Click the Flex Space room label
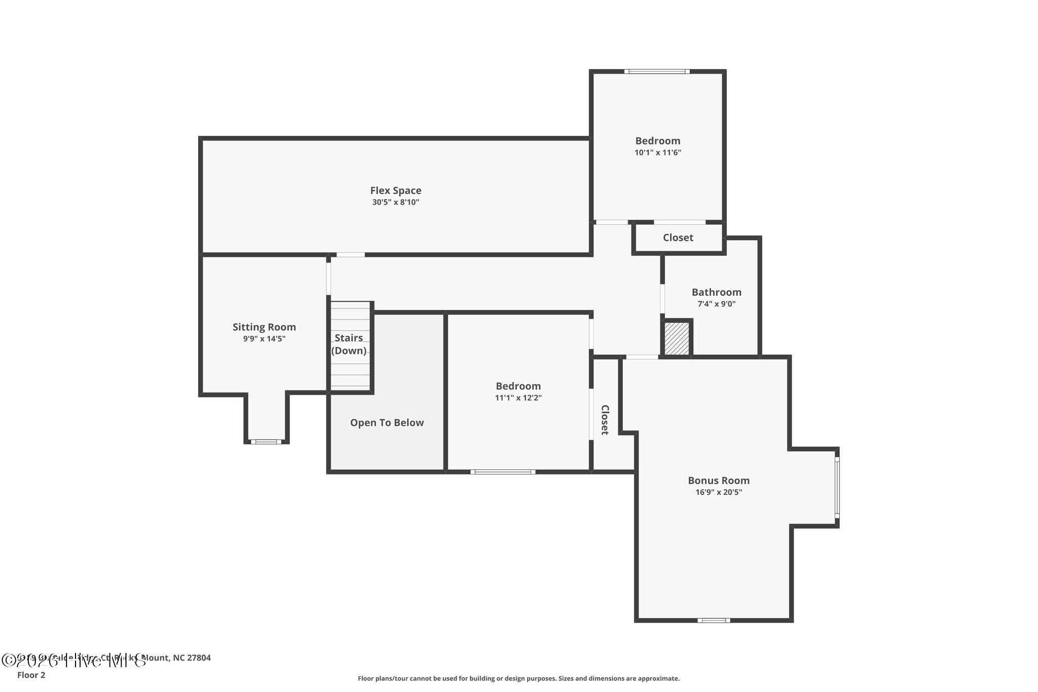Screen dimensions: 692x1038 click(395, 191)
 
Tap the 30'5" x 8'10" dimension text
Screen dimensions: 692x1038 click(395, 202)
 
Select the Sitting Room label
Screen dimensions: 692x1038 click(264, 327)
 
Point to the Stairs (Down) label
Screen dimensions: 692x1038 click(349, 344)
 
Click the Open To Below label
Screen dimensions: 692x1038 click(387, 423)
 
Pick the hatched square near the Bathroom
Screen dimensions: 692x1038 click(677, 338)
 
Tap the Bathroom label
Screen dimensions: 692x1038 click(716, 292)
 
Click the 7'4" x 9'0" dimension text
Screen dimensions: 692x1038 click(716, 304)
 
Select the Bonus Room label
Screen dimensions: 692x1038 click(718, 480)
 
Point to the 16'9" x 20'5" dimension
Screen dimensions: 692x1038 click(718, 492)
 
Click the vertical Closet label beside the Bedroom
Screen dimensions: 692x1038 click(605, 420)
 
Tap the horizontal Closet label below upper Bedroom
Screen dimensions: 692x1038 click(678, 238)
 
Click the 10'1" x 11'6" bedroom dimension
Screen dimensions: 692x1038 click(657, 153)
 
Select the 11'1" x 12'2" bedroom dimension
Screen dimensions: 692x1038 click(518, 398)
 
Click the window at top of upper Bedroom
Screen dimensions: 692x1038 click(656, 71)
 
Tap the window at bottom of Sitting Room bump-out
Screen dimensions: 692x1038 click(266, 442)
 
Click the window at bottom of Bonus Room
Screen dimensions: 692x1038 click(713, 620)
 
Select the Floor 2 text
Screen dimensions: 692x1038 click(31, 675)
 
